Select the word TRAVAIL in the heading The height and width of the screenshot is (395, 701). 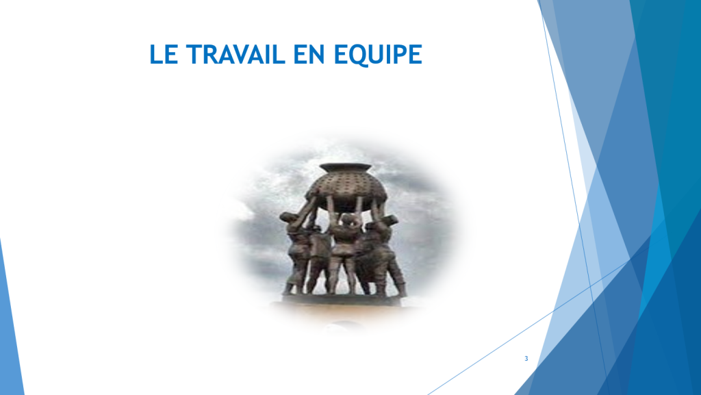click(x=235, y=55)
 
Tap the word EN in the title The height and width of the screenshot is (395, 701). click(x=309, y=55)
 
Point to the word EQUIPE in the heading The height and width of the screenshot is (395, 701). click(x=378, y=55)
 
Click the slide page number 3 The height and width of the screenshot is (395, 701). click(x=526, y=358)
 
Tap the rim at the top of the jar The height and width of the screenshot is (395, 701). click(x=345, y=168)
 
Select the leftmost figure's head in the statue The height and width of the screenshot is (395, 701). click(x=288, y=218)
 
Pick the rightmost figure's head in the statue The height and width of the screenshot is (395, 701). click(x=390, y=220)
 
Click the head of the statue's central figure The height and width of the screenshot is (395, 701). click(x=350, y=220)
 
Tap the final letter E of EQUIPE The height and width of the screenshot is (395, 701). click(x=416, y=55)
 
